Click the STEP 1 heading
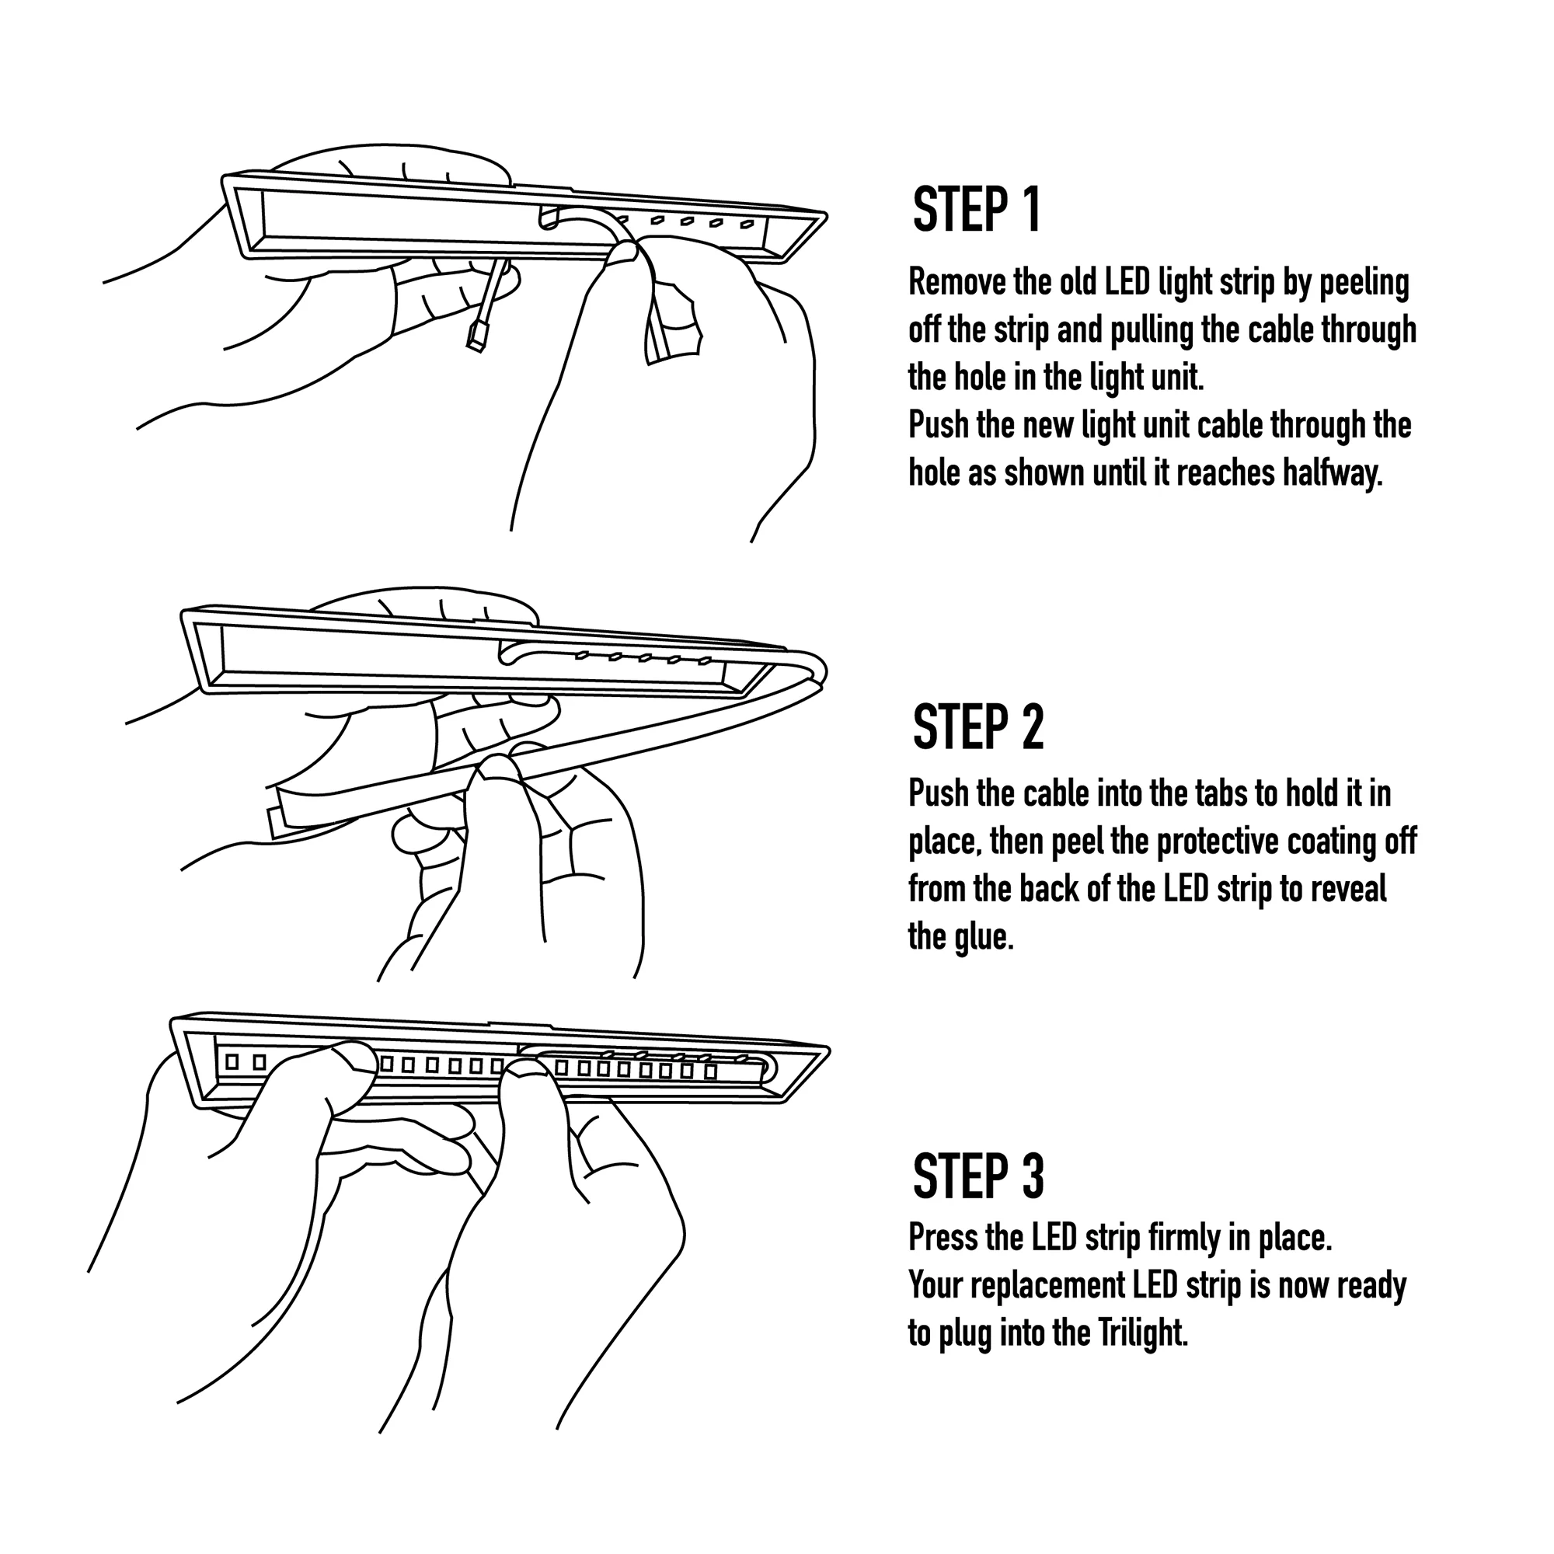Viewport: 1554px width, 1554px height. tap(977, 211)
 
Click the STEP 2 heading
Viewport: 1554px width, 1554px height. tap(977, 728)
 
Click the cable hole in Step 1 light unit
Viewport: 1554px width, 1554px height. tap(549, 218)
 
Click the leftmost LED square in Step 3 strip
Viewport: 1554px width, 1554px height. tap(232, 1061)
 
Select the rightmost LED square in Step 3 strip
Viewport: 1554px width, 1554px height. tap(710, 1071)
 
